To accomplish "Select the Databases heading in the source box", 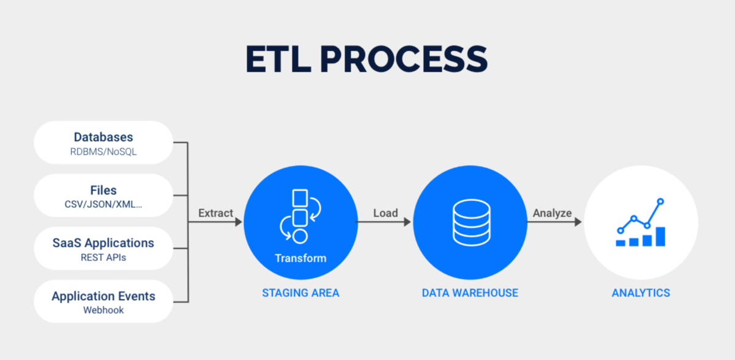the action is coord(103,137).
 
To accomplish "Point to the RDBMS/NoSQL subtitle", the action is coord(103,152).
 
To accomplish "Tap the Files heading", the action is coord(103,190).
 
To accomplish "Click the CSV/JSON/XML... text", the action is coord(103,205).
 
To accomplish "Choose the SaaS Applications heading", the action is coord(103,243).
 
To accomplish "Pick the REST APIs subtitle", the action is coord(103,258).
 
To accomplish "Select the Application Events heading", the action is coord(103,296).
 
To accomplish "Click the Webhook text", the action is coord(103,310).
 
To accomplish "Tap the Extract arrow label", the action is coord(216,213).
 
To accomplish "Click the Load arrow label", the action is coord(385,213).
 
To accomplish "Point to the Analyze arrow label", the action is coord(552,213).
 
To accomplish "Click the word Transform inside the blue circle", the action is coord(300,258).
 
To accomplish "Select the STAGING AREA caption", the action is coord(300,293).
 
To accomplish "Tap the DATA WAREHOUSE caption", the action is coord(470,293).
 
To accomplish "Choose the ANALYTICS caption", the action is coord(641,293).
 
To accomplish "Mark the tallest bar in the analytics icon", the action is coord(660,236).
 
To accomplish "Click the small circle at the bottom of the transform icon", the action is coord(300,236).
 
